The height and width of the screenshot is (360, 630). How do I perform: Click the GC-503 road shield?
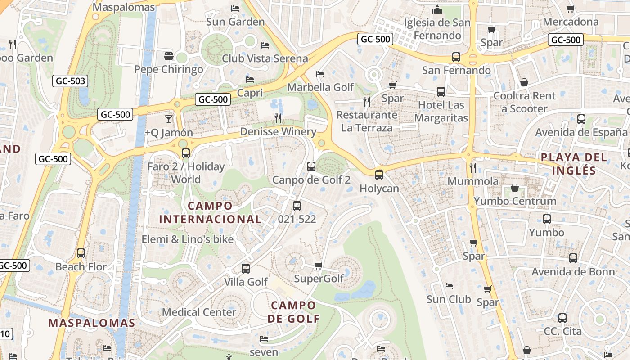[70, 81]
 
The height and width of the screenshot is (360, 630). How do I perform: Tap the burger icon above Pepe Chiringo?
[169, 56]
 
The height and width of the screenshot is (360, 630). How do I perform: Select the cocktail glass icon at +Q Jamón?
[169, 119]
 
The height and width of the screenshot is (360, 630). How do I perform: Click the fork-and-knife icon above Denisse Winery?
[279, 118]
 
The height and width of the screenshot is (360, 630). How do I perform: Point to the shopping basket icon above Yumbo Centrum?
[515, 188]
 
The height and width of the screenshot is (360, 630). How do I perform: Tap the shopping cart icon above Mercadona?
[571, 9]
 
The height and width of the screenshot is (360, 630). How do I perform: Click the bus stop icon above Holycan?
[379, 175]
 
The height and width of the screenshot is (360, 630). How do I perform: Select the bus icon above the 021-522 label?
[297, 206]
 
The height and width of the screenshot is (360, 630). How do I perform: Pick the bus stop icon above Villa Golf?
[246, 269]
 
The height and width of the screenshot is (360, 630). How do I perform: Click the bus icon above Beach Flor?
[81, 253]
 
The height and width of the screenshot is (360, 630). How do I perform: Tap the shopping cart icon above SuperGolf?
[319, 265]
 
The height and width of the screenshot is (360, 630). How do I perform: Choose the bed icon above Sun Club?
[448, 286]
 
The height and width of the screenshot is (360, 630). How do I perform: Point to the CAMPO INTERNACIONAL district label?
[210, 212]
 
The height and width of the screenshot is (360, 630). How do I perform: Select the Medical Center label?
[199, 312]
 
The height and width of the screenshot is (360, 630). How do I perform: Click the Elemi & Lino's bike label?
[188, 239]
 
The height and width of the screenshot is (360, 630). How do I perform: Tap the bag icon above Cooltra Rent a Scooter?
[524, 82]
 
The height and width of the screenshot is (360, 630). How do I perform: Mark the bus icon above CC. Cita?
[562, 318]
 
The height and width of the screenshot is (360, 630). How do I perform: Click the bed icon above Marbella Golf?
[320, 74]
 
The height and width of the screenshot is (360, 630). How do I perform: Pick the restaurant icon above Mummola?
[472, 168]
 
